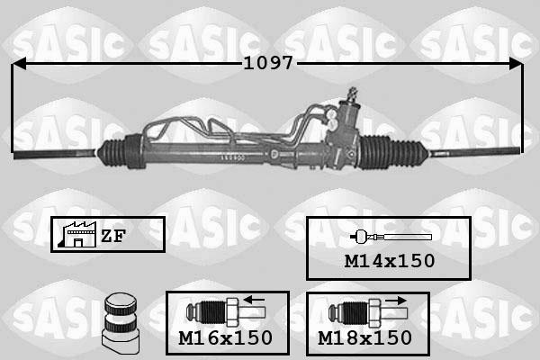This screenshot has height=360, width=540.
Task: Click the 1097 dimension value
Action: coord(269,64)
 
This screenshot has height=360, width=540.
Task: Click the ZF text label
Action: coord(112,236)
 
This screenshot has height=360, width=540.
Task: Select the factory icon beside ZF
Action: coord(73,235)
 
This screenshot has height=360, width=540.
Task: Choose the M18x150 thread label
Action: coord(365,338)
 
